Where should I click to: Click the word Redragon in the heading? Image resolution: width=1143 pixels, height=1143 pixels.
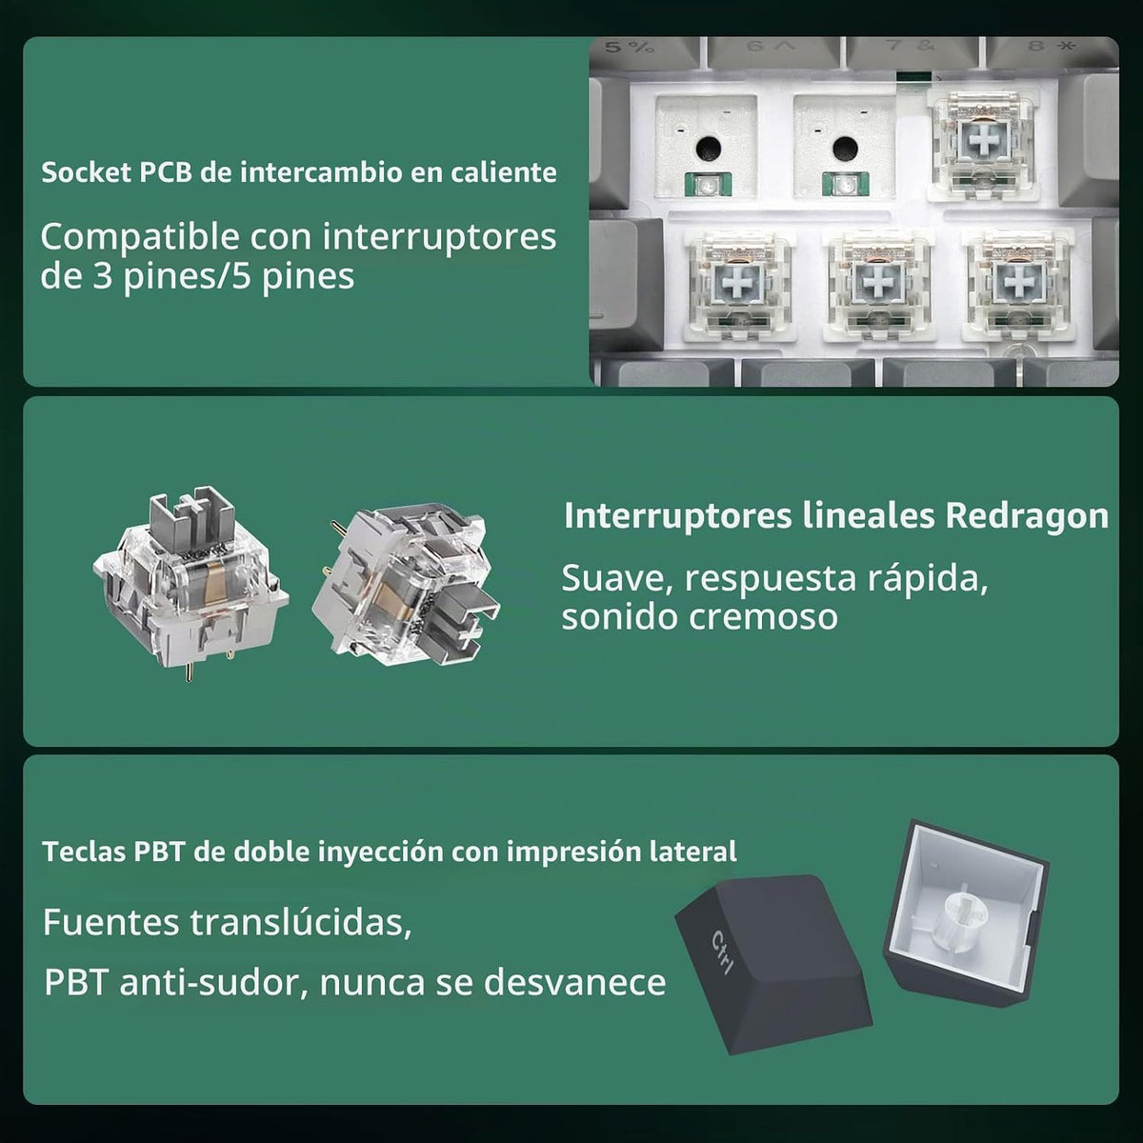[1026, 516]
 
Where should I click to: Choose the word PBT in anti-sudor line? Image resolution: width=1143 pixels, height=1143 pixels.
[76, 983]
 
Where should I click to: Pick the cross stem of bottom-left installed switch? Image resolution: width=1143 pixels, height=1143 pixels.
[738, 282]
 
